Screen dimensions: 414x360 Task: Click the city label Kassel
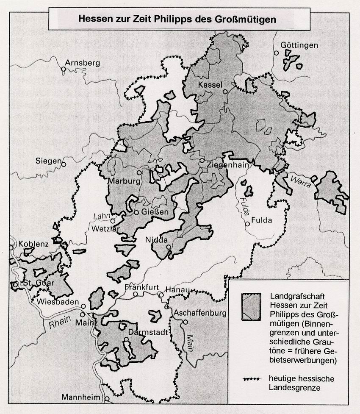point(210,85)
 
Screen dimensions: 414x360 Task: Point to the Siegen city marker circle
point(64,163)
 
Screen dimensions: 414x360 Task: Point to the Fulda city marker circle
point(246,224)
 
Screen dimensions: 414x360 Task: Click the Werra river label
point(300,182)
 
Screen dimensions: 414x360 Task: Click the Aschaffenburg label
point(199,313)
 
